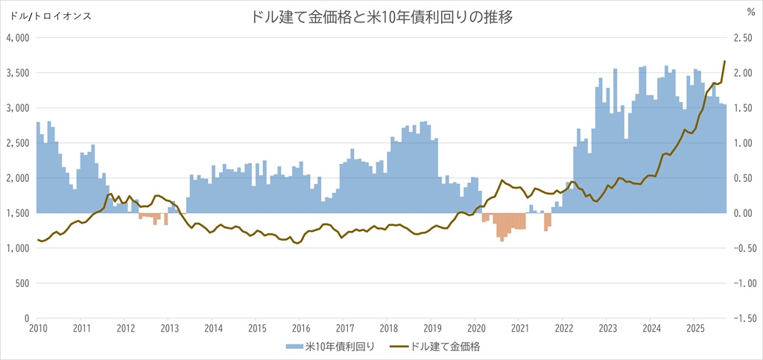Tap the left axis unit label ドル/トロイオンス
tap(46, 16)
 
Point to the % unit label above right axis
tap(750, 12)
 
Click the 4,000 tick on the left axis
tap(16, 38)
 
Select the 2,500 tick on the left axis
tap(16, 143)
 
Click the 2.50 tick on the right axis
tap(745, 38)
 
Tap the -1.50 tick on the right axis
tap(744, 318)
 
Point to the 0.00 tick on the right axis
tap(745, 213)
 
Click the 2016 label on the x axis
tap(300, 328)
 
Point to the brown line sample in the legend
tap(399, 347)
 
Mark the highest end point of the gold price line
tap(725, 61)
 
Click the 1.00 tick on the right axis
tap(745, 143)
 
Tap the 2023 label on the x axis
tap(607, 328)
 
